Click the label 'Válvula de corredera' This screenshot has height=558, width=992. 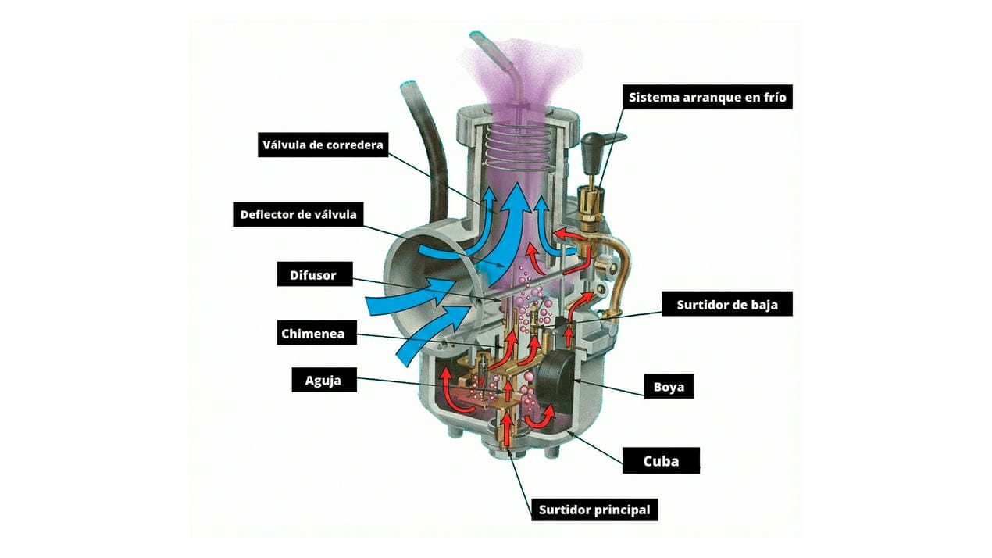(323, 145)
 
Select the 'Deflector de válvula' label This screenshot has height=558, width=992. (298, 215)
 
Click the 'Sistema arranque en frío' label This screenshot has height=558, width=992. (708, 98)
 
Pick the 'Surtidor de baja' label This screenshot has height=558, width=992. (727, 304)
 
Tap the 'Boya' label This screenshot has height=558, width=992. (668, 386)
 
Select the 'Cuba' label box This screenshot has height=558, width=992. (661, 460)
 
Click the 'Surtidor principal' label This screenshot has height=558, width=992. (594, 510)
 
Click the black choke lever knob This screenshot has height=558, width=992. (593, 146)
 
